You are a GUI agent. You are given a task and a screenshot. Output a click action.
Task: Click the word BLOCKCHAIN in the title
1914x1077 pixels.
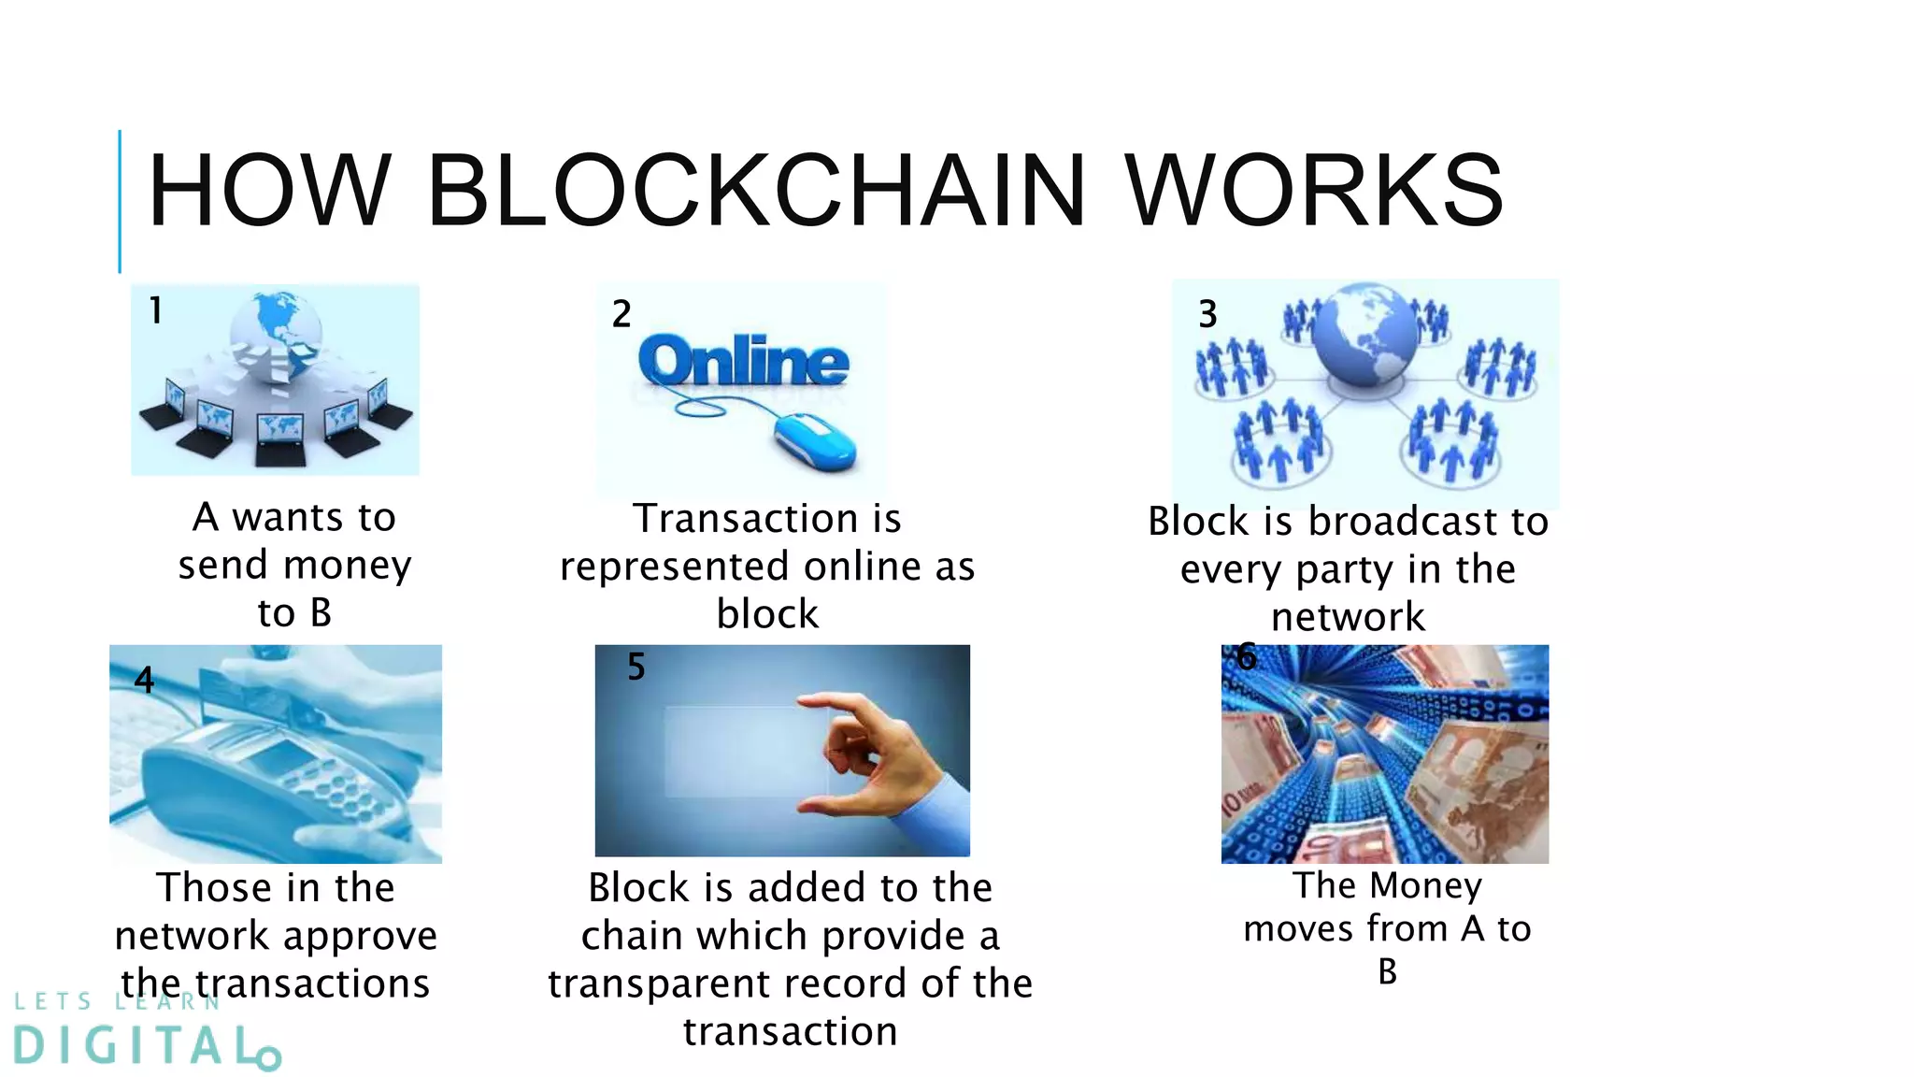click(755, 191)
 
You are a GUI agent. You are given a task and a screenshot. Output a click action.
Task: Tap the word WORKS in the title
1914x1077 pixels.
click(1313, 191)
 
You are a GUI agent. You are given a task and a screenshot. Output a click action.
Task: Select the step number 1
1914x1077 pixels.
click(156, 310)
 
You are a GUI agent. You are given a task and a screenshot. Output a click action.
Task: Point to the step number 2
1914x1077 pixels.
click(621, 314)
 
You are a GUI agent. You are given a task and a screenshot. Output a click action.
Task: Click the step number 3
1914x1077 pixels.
click(1207, 314)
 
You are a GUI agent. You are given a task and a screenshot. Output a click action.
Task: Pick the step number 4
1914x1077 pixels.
click(144, 680)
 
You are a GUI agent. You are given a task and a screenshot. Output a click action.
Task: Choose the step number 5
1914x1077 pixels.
click(636, 668)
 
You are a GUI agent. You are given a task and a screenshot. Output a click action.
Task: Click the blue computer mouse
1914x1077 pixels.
click(814, 442)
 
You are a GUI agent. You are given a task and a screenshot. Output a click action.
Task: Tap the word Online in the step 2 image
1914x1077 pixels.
click(744, 363)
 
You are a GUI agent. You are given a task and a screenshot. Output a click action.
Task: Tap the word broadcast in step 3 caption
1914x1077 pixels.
click(1398, 522)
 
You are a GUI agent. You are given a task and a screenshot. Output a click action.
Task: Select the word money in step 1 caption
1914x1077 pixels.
click(347, 566)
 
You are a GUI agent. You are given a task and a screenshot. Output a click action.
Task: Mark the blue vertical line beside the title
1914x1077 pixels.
click(120, 201)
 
